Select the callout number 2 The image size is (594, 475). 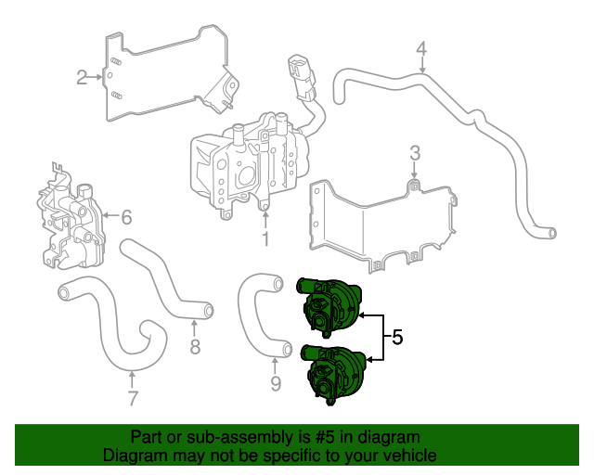tap(82, 77)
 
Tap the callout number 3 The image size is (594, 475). tap(415, 152)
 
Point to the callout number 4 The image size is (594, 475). tap(421, 48)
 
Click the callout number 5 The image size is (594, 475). tap(397, 338)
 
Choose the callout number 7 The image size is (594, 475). tap(132, 399)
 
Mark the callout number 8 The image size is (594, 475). tap(195, 348)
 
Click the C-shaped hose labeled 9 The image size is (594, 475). tap(251, 315)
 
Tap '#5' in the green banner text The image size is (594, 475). tap(313, 437)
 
